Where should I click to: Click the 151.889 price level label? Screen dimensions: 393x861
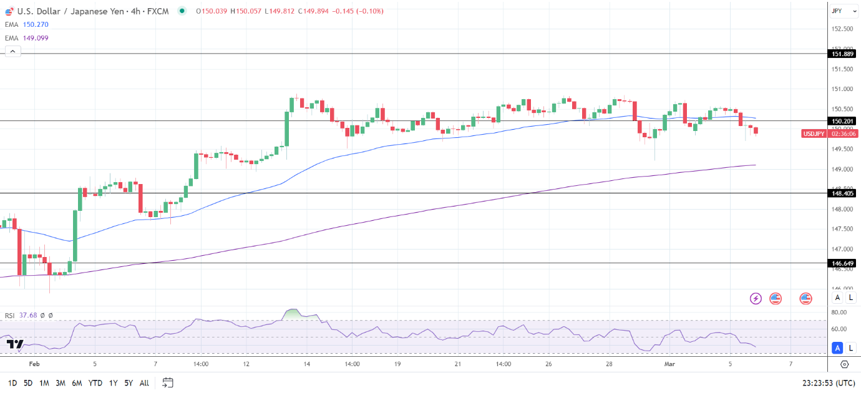pos(842,54)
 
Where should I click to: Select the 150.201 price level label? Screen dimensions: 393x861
pos(842,121)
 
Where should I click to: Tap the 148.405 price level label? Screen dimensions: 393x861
pos(842,193)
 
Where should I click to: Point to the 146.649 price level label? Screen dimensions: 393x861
pos(842,263)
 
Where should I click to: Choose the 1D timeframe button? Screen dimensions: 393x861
pos(12,383)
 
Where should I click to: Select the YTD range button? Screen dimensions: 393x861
pos(95,383)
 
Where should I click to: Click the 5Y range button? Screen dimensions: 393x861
pos(128,383)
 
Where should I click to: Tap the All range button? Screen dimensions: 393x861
pos(144,383)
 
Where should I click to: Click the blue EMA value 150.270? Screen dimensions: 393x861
pos(35,24)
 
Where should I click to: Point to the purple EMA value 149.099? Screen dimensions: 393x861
pos(35,38)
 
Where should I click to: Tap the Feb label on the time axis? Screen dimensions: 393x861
pos(34,364)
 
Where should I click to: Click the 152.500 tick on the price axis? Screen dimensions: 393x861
pos(842,29)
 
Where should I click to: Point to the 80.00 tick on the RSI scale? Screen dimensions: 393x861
pos(839,312)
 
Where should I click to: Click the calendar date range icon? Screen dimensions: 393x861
pos(167,382)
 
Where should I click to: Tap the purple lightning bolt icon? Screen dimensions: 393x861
pos(756,298)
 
